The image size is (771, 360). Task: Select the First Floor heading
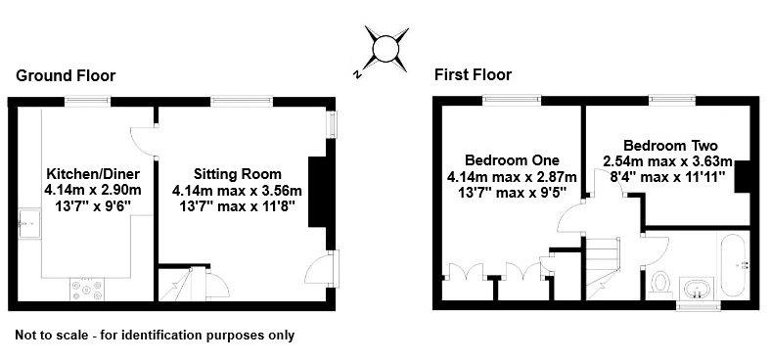tap(474, 74)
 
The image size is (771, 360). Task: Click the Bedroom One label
tap(512, 159)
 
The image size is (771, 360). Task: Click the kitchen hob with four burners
tap(87, 289)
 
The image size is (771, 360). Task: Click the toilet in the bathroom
tap(659, 284)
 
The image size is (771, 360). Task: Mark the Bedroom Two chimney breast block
tap(743, 174)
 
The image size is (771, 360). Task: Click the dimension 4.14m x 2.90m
tap(93, 189)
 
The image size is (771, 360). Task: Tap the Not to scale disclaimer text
tap(155, 336)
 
